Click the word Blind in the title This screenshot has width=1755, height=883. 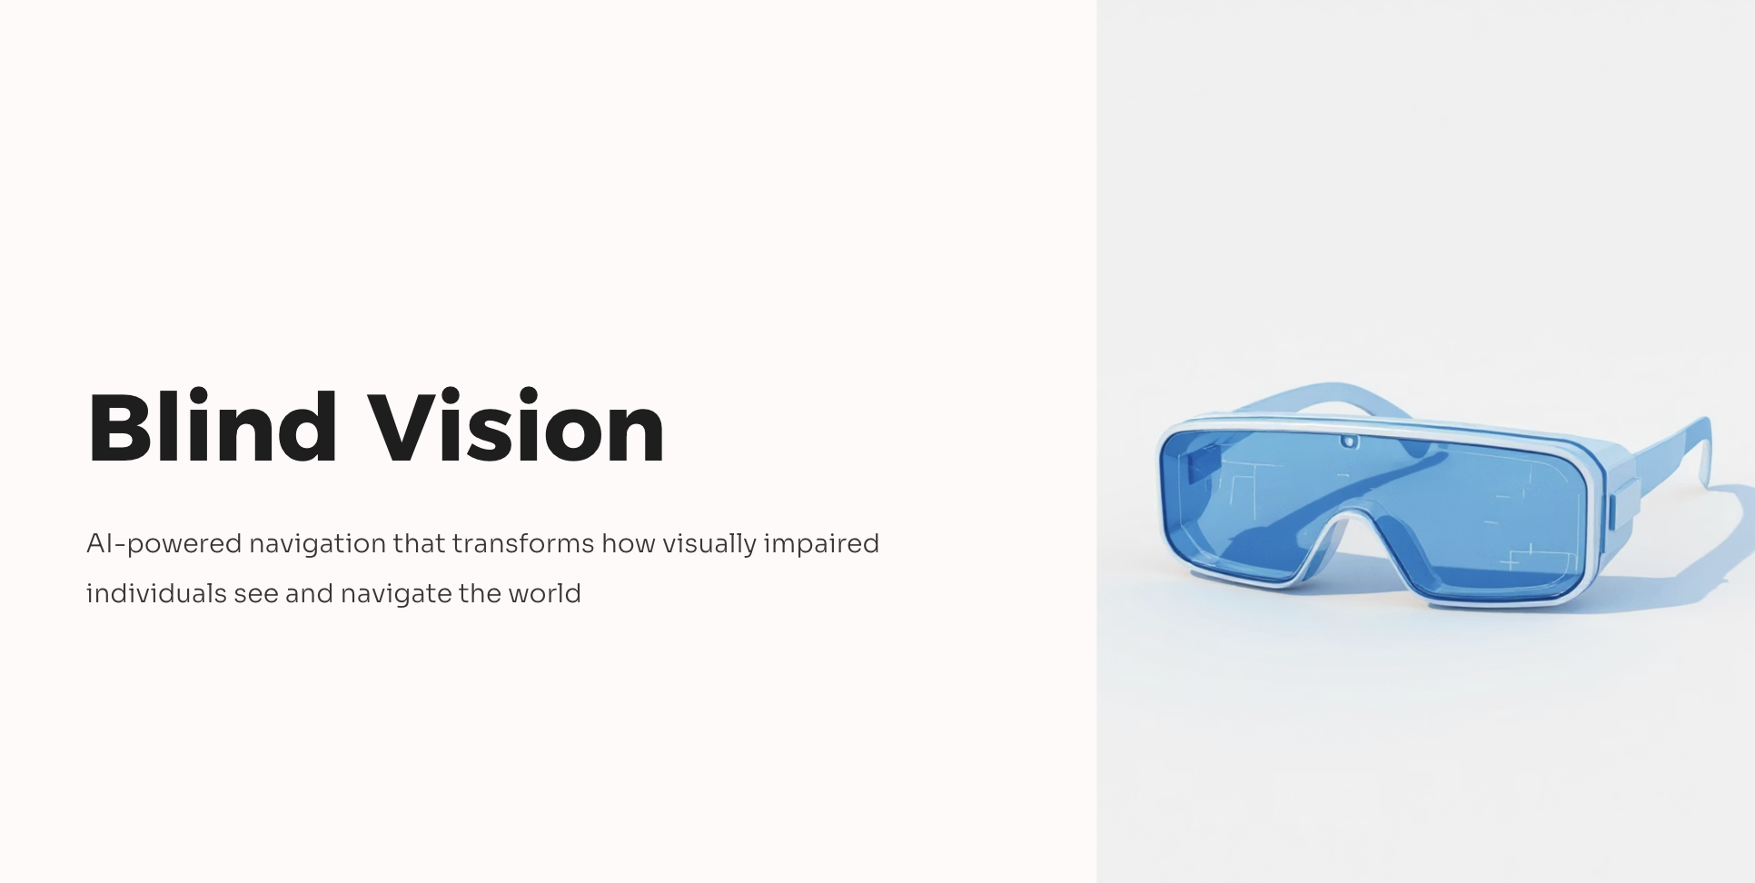(x=213, y=426)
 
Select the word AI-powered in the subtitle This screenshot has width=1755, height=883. (x=164, y=544)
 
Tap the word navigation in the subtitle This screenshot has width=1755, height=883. (x=318, y=545)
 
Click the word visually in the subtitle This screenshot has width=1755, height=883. (x=709, y=544)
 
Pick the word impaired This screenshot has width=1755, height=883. (x=821, y=544)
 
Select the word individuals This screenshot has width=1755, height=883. (x=156, y=593)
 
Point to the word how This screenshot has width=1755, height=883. (x=629, y=543)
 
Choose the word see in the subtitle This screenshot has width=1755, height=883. (x=256, y=595)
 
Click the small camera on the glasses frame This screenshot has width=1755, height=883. (x=1349, y=442)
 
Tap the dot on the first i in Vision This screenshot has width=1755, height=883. (x=465, y=397)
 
